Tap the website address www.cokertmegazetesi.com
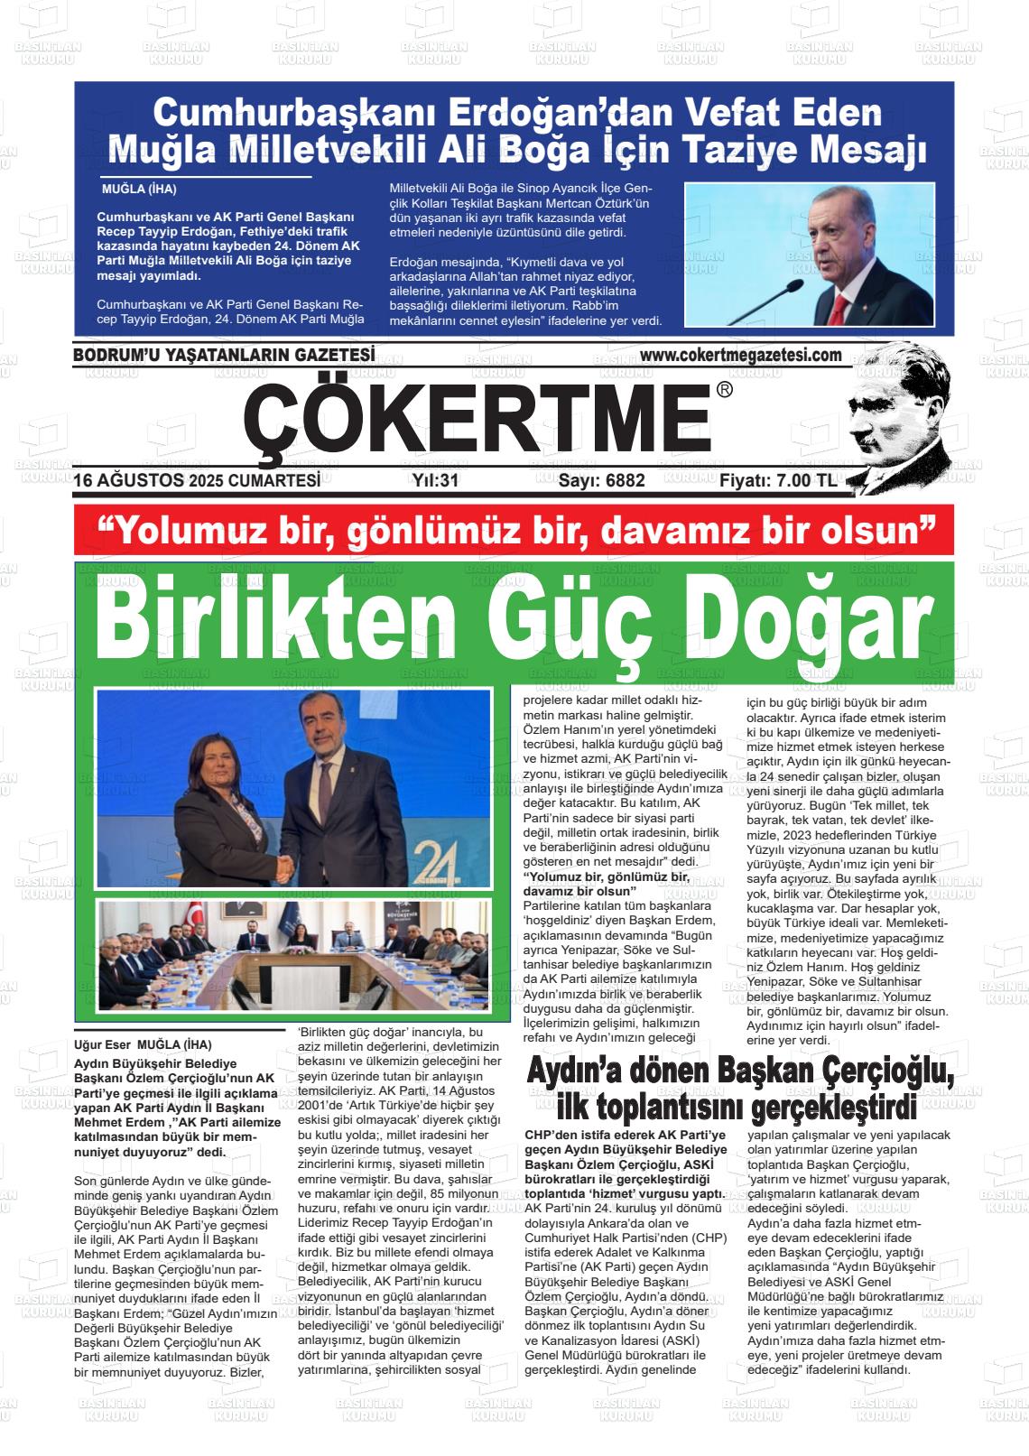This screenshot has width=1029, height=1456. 744,356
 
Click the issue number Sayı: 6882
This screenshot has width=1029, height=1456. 601,481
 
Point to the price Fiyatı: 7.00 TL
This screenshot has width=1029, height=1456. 778,481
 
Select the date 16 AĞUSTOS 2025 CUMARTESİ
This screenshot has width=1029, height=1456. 197,481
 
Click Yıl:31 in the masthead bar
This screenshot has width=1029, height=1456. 435,481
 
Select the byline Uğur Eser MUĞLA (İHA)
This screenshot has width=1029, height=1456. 143,1046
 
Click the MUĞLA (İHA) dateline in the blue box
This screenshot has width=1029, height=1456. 139,190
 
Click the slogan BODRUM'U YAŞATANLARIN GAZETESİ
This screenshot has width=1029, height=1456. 224,356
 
